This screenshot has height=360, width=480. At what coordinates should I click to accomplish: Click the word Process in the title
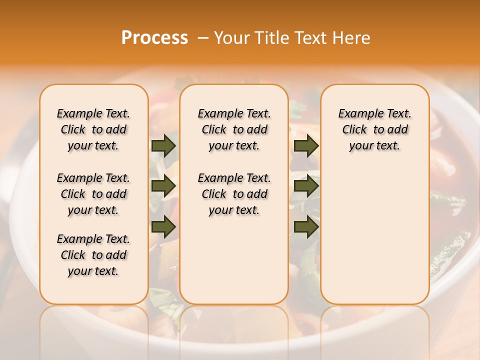coord(154,38)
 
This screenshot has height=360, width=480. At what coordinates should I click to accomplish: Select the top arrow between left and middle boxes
coord(163,145)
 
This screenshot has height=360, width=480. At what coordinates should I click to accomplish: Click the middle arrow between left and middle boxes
coord(163,186)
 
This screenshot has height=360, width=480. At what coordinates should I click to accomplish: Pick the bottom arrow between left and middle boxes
coord(163,227)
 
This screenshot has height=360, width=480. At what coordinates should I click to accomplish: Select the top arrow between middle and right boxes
coord(306,145)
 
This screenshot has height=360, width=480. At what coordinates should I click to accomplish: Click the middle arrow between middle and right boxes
coord(306,186)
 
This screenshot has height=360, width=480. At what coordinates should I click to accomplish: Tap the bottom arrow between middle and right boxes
coord(306,227)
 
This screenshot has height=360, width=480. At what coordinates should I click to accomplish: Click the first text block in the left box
coord(93,129)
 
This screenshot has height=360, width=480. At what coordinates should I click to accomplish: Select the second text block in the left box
coord(93,194)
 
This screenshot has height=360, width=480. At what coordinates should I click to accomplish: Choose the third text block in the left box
coord(93,255)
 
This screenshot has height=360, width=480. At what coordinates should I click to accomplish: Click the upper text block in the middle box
coord(234,129)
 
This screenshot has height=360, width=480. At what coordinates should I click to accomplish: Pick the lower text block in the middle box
coord(234,194)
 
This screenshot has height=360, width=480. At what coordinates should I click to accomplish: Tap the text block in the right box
coord(374,129)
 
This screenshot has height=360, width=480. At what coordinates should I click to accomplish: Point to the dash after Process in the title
coord(202,38)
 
